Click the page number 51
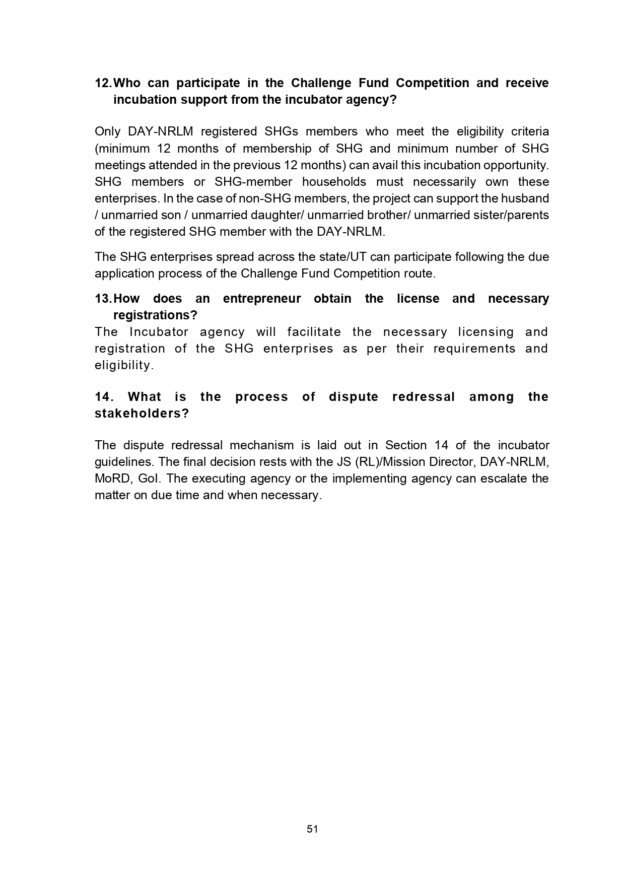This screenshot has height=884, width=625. pos(312,829)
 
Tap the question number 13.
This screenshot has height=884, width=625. pos(103,299)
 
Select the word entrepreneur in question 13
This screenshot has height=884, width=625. pos(262,299)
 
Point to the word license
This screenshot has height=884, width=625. pos(418,299)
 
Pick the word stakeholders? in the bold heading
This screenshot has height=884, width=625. pos(142,414)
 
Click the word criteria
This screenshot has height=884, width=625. pos(530,132)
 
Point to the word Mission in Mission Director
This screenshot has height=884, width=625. pos(402,462)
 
